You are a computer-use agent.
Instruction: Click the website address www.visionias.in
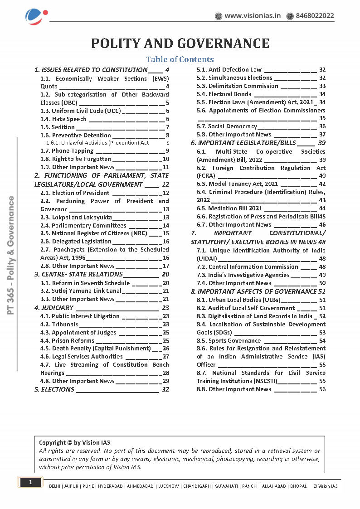[253, 16]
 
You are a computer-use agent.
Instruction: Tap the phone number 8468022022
[315, 16]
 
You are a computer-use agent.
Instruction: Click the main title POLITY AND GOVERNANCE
[180, 43]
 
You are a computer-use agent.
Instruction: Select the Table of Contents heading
[180, 59]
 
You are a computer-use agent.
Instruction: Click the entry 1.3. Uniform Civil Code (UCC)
[80, 111]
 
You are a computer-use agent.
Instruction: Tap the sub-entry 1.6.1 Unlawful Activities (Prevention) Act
[97, 143]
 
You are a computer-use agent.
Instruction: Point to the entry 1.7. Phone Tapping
[67, 151]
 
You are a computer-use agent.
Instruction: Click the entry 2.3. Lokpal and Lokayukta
[76, 218]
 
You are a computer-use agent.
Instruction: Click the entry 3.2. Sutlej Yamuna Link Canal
[81, 291]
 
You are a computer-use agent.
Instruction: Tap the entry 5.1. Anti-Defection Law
[229, 70]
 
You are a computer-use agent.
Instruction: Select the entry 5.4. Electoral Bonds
[224, 94]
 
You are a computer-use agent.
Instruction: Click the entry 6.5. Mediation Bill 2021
[229, 208]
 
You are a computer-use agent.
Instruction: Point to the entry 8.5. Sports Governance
[229, 341]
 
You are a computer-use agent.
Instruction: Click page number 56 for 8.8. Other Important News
[322, 389]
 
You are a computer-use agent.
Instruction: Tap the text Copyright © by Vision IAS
[74, 443]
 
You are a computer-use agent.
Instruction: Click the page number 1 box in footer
[30, 482]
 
